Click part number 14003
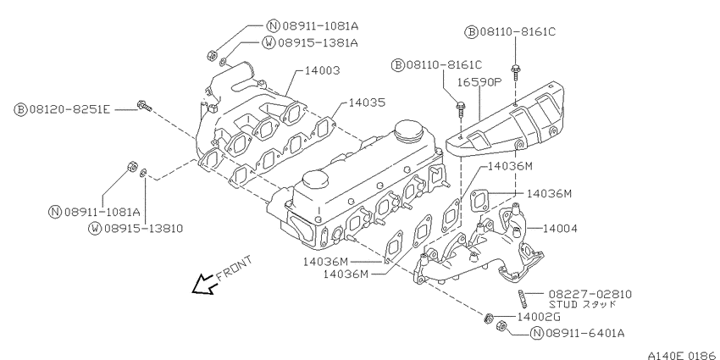tap(323, 70)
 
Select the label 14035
tap(367, 102)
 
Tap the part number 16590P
tap(478, 83)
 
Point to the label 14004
tap(560, 228)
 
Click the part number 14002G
tap(539, 317)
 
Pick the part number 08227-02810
tap(590, 294)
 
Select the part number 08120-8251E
tap(69, 110)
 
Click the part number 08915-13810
tap(143, 228)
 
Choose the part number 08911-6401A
tap(584, 334)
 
